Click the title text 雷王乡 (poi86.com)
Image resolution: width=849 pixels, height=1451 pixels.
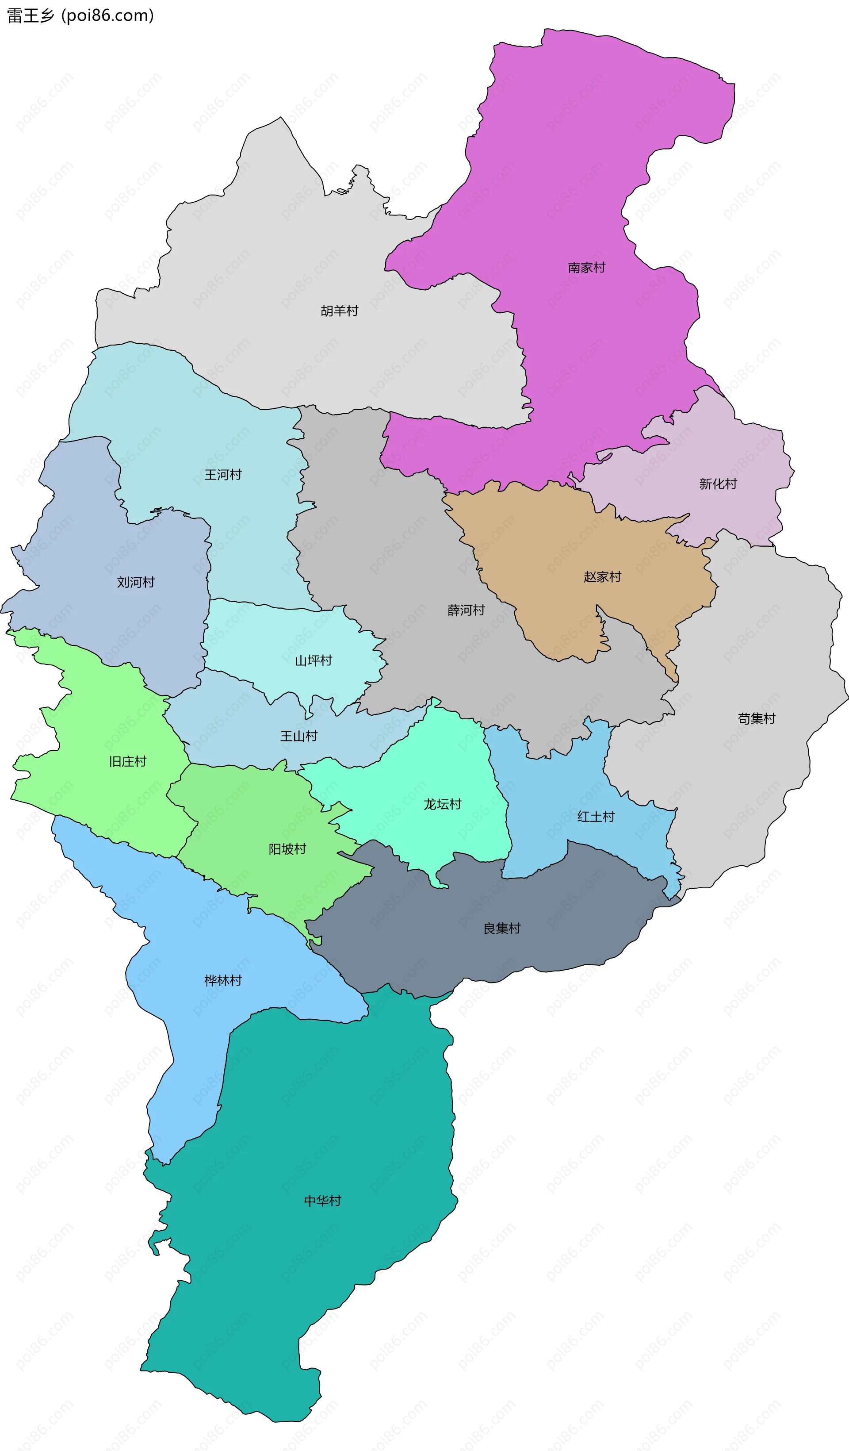pos(80,15)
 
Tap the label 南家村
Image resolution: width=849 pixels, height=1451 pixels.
pos(586,268)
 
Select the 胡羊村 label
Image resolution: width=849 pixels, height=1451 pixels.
pos(339,311)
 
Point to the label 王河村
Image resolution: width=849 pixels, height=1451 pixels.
pos(223,475)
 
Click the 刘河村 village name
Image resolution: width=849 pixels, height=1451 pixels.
pos(136,582)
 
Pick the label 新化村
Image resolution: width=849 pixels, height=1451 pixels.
pos(718,484)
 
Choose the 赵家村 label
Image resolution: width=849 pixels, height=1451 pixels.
pos(602,576)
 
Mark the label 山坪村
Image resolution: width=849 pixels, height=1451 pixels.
pos(313,660)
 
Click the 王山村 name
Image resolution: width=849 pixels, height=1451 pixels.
pos(299,736)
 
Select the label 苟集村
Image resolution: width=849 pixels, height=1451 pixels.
pos(756,718)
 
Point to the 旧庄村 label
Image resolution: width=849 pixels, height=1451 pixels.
pos(128,761)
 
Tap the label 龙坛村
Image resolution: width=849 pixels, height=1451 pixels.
pos(442,804)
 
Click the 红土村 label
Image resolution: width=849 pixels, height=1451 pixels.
pos(596,817)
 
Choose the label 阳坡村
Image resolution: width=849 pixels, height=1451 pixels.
pos(287,849)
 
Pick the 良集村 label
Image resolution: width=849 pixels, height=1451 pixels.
pos(501,928)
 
